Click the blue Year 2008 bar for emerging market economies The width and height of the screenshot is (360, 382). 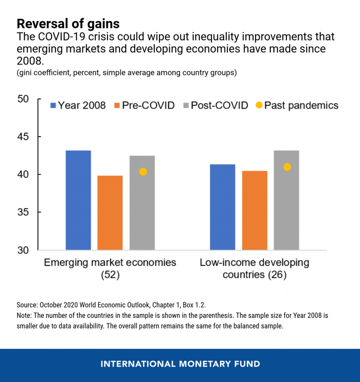point(78,200)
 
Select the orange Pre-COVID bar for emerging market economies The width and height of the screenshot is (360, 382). point(110,213)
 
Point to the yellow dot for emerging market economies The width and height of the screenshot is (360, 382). point(143,172)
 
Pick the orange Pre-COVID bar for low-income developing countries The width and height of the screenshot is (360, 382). point(255,210)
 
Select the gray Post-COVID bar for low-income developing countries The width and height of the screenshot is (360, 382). point(286,200)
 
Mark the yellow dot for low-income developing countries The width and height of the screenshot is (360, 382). point(287,167)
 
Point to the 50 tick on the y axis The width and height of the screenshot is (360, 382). point(23,99)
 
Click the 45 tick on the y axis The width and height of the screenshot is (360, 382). point(23,137)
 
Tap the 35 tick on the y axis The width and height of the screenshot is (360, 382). point(23,213)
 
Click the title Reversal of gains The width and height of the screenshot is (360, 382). point(67,23)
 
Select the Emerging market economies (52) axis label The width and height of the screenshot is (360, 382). point(110,268)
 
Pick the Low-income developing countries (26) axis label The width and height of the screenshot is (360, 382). point(255,268)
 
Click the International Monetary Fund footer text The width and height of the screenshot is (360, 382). point(180,364)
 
